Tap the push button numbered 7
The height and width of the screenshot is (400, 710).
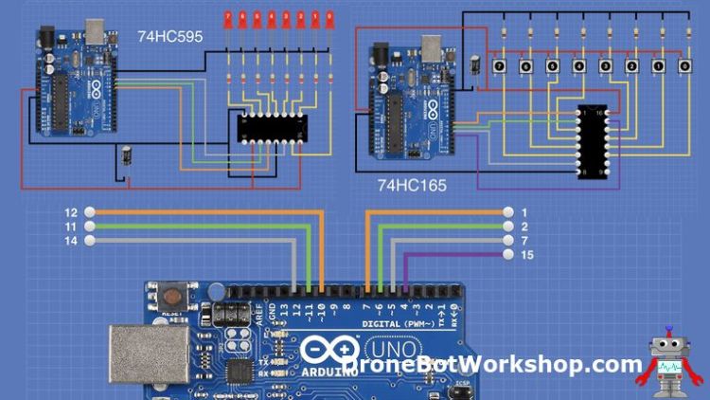[x=499, y=66]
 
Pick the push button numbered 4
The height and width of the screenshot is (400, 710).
[x=578, y=66]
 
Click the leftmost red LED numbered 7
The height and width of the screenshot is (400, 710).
[x=229, y=18]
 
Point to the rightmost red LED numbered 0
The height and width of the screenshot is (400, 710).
[x=329, y=18]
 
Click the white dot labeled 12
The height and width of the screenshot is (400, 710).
[x=90, y=212]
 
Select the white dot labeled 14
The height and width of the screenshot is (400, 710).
[x=90, y=241]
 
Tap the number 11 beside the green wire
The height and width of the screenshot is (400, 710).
[x=71, y=227]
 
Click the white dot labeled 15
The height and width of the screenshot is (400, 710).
[x=507, y=255]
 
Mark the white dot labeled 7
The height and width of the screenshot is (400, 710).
[x=507, y=241]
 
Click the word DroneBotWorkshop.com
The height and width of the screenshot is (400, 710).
[x=492, y=364]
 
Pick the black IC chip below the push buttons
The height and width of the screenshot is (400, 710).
[x=592, y=142]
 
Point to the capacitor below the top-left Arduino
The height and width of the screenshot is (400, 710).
[x=126, y=155]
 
